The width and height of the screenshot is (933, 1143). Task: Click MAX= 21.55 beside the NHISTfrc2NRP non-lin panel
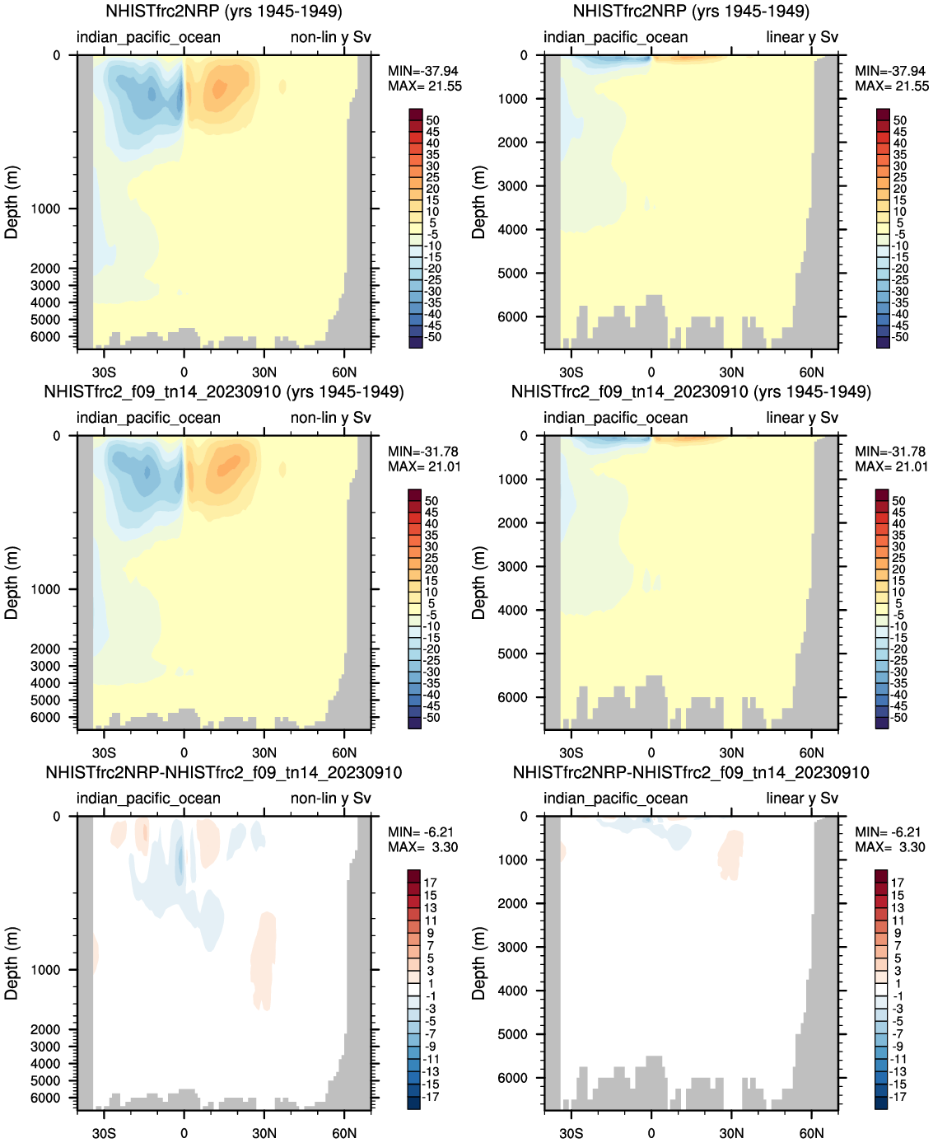click(x=425, y=86)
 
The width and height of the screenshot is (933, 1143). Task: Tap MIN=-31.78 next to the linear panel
click(x=890, y=452)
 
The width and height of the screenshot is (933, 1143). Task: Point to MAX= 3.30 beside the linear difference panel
click(x=890, y=847)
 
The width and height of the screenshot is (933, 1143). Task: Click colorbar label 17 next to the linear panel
click(x=897, y=883)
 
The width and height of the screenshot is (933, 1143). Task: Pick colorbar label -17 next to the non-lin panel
click(x=431, y=1097)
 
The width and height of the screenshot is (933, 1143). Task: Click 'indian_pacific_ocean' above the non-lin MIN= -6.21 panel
click(x=148, y=799)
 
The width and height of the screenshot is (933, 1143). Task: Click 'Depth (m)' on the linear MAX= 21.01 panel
click(x=478, y=583)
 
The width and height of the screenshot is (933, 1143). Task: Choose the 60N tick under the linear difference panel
click(x=811, y=1133)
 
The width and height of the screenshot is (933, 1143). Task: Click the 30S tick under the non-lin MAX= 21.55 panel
click(x=104, y=372)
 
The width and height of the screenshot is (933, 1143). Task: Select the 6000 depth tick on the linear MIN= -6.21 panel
click(x=513, y=1078)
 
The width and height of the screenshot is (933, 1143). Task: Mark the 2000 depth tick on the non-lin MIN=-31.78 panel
click(x=45, y=649)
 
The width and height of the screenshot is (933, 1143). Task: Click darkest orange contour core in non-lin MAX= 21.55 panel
click(x=219, y=88)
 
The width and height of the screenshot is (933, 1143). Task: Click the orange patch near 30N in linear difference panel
click(x=730, y=853)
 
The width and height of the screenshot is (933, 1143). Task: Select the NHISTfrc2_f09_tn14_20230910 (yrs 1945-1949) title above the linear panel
click(x=691, y=391)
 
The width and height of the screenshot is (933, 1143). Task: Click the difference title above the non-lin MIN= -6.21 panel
click(x=224, y=772)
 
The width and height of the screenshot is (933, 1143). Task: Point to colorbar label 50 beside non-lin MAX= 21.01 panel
click(x=432, y=501)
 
